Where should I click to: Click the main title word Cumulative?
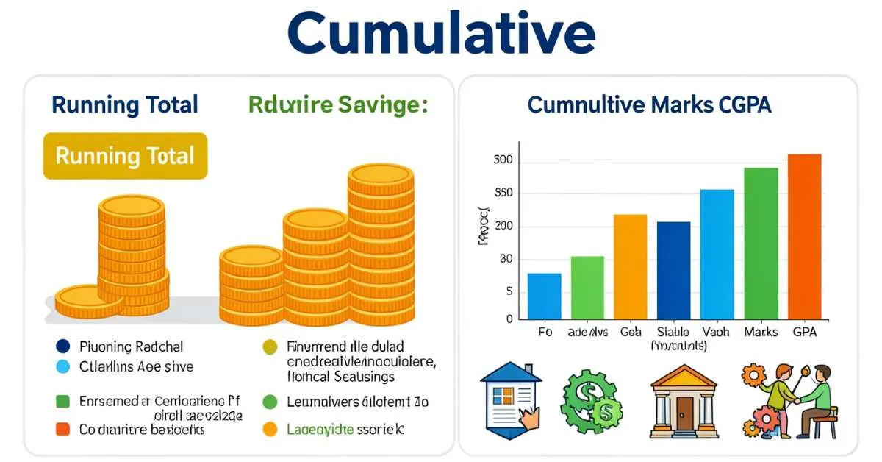pos(440,34)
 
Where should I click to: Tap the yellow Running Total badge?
pos(125,156)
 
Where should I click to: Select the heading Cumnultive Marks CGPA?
pos(649,105)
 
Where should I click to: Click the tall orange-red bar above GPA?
pos(804,235)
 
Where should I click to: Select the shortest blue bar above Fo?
pos(545,296)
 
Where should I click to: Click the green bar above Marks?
pos(761,243)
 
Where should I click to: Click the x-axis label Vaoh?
pos(716,333)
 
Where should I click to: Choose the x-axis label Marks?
pos(760,333)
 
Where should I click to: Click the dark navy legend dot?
pos(62,346)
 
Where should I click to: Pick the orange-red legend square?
pos(62,429)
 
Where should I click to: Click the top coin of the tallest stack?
pos(381,177)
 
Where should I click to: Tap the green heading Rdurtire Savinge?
pos(337,105)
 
